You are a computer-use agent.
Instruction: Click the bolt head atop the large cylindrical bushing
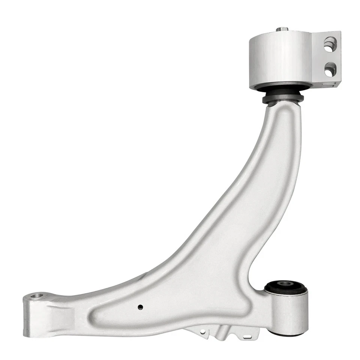[282, 29]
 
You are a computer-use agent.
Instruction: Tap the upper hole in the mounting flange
[330, 44]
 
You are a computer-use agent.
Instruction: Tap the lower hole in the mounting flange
[330, 69]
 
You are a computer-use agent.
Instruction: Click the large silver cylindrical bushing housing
[280, 60]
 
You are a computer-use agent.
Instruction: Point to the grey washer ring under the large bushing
[283, 99]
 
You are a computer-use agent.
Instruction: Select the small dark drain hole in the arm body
[140, 307]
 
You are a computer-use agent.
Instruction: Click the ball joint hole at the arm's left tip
[37, 296]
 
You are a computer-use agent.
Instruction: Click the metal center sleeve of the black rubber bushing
[286, 285]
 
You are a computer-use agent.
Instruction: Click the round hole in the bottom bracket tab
[203, 332]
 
